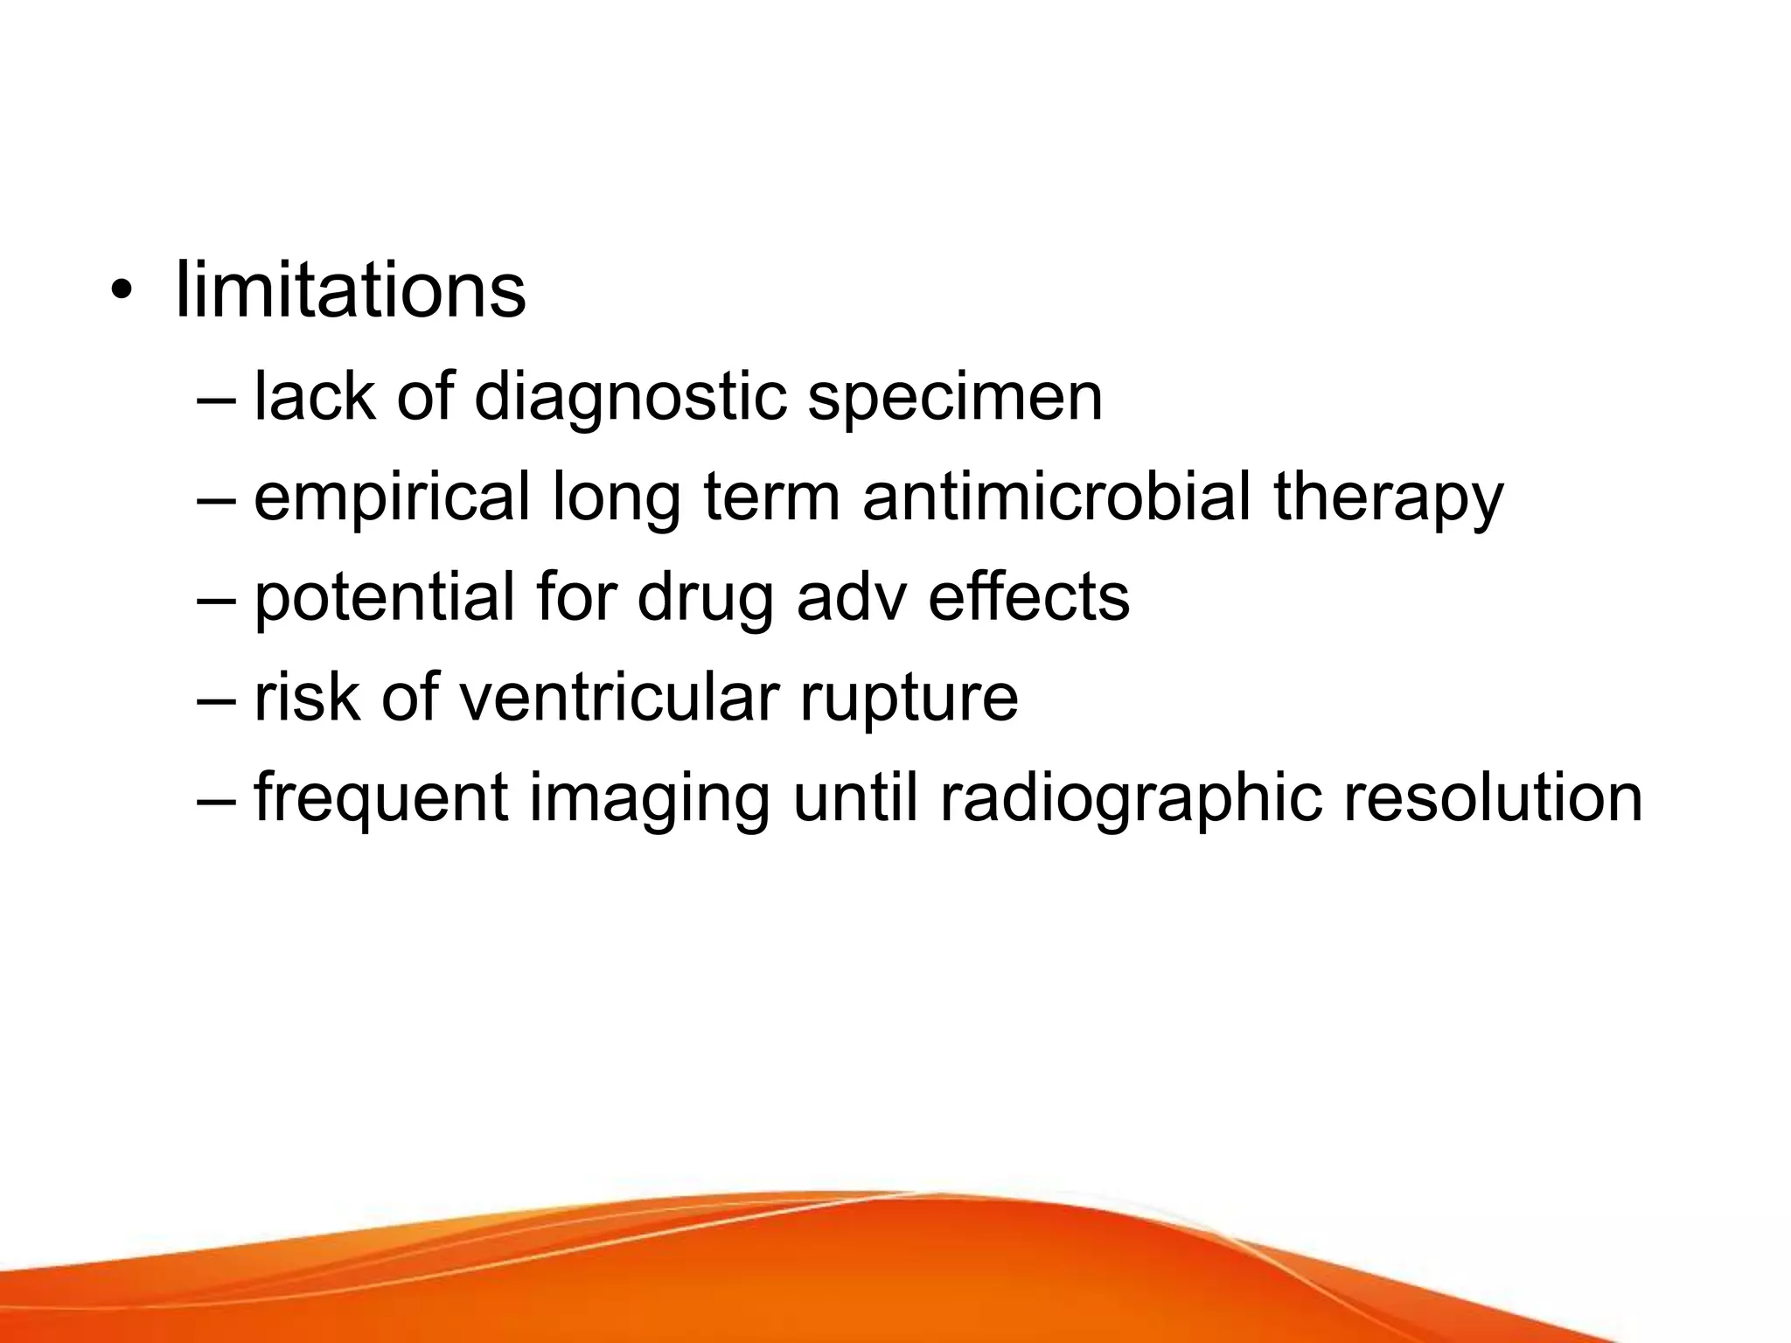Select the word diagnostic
click(x=631, y=398)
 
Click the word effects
click(x=1028, y=597)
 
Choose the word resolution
click(x=1493, y=797)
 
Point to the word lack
click(x=315, y=398)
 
